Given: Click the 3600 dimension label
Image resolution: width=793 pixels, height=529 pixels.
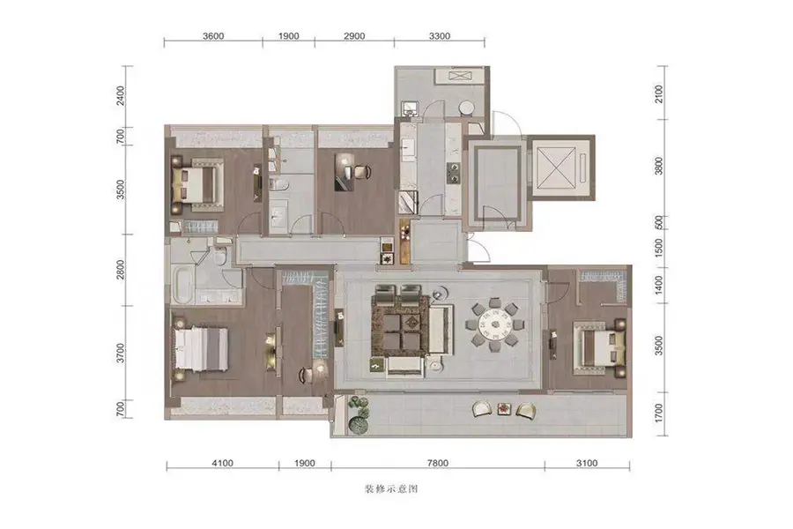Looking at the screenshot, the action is pos(213,36).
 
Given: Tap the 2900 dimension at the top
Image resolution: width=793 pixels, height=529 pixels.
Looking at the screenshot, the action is pos(354,36).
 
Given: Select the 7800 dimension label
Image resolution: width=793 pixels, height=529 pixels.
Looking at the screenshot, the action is pos(437,463).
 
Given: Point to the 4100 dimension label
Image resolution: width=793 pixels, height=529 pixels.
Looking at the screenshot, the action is pos(223,463).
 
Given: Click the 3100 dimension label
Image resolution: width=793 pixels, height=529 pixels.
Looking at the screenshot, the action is pos(587,463).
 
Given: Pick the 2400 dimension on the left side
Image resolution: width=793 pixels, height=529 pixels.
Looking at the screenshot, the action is pos(121,95).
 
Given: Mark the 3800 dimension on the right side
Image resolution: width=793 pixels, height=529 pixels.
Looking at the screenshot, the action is pos(658,166).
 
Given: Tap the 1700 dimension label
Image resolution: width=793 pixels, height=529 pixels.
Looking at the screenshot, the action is pos(658,414).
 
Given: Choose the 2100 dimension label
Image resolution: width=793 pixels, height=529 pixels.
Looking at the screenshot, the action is pos(658,93).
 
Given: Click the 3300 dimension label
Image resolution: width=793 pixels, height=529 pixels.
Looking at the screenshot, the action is pos(440,36).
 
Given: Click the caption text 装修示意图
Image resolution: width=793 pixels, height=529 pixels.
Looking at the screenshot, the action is pos(391,489).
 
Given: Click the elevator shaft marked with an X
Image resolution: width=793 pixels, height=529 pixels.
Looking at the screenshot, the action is pos(555,168).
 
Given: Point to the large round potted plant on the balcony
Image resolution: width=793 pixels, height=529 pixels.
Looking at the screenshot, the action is pos(359,424).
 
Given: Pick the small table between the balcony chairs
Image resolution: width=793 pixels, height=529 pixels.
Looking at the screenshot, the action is pos(504,408).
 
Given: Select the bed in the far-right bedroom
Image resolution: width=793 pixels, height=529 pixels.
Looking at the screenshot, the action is pos(600,347).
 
